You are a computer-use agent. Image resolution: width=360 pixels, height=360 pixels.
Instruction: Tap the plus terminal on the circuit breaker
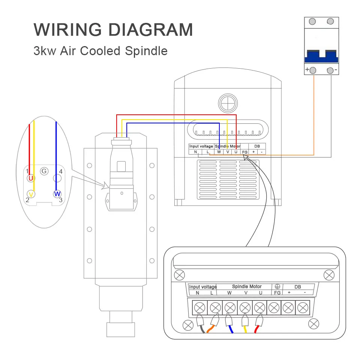click(x=313, y=70)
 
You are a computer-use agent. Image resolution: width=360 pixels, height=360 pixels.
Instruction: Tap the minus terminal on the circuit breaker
click(x=330, y=70)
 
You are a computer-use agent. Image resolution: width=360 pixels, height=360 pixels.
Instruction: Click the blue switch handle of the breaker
click(x=321, y=57)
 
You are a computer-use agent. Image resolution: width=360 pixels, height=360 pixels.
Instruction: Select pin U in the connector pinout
click(x=31, y=178)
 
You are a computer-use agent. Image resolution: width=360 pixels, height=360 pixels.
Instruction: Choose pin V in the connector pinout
click(x=31, y=194)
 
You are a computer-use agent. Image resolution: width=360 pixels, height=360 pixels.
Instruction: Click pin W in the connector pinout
click(x=57, y=194)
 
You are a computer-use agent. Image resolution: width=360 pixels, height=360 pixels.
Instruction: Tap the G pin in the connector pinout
click(x=44, y=171)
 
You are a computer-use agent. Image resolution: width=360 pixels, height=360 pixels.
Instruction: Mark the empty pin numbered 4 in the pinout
click(x=57, y=178)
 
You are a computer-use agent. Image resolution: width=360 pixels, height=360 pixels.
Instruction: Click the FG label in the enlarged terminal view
click(x=277, y=292)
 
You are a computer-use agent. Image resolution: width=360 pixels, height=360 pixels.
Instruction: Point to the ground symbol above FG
click(x=277, y=286)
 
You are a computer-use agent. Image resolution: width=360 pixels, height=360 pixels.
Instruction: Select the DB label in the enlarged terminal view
click(x=297, y=286)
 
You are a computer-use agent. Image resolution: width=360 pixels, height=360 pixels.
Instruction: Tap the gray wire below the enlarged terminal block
click(x=202, y=329)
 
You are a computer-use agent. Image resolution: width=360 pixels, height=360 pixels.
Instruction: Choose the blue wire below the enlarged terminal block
click(x=230, y=329)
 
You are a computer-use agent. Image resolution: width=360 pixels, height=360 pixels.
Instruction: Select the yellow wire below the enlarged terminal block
click(x=244, y=329)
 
